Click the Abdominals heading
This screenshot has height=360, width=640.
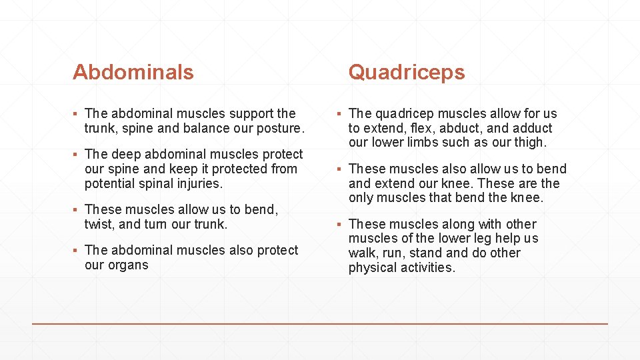(x=133, y=72)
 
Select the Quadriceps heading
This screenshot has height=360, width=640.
(x=406, y=72)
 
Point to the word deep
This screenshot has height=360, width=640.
(x=127, y=154)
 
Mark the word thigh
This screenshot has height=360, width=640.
(x=529, y=143)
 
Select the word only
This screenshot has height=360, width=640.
(x=361, y=198)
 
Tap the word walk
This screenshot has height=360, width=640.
(x=361, y=253)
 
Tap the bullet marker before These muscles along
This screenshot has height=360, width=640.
(x=339, y=225)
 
